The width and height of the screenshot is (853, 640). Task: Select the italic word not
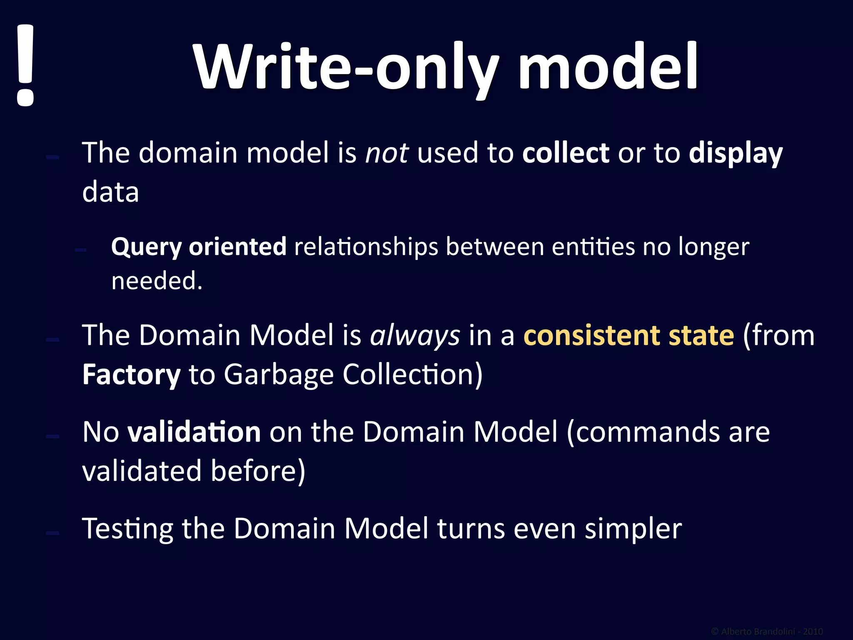pyautogui.click(x=387, y=153)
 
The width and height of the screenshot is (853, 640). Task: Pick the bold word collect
pyautogui.click(x=566, y=153)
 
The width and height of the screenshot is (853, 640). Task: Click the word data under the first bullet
pyautogui.click(x=110, y=192)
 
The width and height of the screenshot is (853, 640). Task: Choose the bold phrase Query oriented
pyautogui.click(x=199, y=247)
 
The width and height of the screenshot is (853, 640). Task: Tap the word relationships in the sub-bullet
pyautogui.click(x=366, y=247)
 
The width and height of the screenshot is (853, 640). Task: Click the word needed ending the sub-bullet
pyautogui.click(x=156, y=281)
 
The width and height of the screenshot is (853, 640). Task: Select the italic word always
pyautogui.click(x=415, y=336)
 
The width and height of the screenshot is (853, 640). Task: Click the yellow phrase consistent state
pyautogui.click(x=629, y=336)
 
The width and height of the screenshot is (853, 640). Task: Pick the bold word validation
pyautogui.click(x=194, y=432)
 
